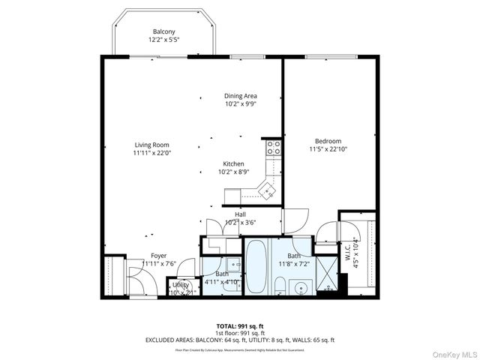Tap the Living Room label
coord(151,145)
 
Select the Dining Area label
coord(241,96)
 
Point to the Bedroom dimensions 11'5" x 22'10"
coord(328,149)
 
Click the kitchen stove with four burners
coord(273,147)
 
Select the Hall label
coord(240,214)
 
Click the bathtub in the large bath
coord(256,267)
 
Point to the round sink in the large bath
coord(302,286)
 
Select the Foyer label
coord(158,256)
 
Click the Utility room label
coord(181,285)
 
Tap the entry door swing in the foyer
coord(141,283)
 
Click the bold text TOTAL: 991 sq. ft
coord(239,325)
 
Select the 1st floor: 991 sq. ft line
coord(239,332)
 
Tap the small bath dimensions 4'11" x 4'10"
coord(223,281)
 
